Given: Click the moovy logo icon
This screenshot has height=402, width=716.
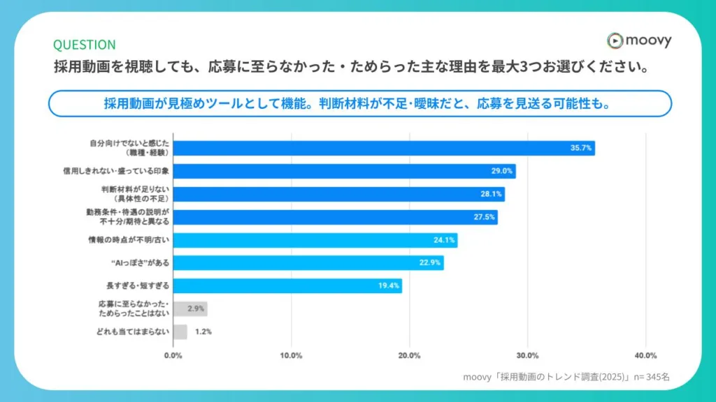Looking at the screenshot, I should click(615, 40).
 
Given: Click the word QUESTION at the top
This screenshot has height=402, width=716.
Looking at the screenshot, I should click(84, 45).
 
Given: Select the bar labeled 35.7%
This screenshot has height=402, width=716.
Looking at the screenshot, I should click(384, 148).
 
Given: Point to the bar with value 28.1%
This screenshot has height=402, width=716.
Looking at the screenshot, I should click(338, 194).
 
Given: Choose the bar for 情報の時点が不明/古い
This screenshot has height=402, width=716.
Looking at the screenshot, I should click(315, 240).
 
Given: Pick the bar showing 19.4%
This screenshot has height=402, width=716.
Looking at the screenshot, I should click(287, 285).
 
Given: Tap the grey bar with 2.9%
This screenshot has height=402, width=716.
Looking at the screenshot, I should click(190, 308).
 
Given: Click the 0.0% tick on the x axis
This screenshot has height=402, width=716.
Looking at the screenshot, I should click(173, 355).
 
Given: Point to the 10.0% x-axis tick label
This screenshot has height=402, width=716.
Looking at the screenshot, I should click(291, 355).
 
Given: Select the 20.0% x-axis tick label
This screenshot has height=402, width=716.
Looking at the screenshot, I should click(409, 355).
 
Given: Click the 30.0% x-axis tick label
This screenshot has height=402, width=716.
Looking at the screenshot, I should click(527, 355).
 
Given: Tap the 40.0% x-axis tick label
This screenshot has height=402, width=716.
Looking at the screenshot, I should click(645, 355).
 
